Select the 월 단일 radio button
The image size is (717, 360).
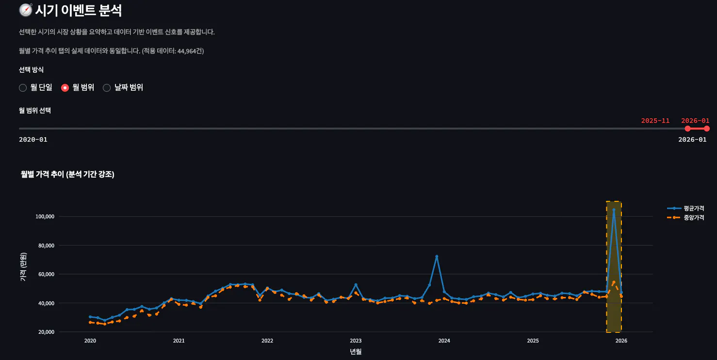(23, 88)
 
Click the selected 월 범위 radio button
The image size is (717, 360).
(65, 88)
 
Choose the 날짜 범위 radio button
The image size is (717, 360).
(107, 88)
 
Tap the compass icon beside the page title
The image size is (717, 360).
(26, 10)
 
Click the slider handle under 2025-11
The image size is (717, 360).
(687, 129)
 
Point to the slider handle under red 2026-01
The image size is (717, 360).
(707, 129)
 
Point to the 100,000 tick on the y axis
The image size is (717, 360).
(45, 217)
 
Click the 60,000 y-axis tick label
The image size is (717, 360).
(47, 274)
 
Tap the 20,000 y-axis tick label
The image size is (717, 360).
(47, 332)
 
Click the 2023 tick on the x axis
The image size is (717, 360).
(356, 341)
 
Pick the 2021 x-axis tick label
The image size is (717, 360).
(179, 341)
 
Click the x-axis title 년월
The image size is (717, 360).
(356, 352)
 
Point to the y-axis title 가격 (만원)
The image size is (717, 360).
(23, 267)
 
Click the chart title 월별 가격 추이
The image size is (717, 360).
(43, 174)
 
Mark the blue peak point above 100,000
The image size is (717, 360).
(614, 210)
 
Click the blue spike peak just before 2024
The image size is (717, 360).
(437, 256)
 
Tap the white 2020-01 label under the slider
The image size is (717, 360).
(33, 140)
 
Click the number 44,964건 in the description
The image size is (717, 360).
(190, 51)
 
